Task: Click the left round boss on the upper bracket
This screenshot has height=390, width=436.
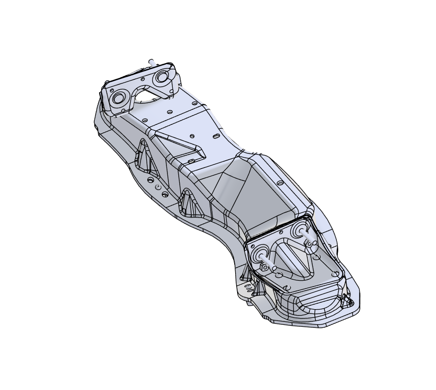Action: click(119, 97)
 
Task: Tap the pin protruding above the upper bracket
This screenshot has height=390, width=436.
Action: click(152, 61)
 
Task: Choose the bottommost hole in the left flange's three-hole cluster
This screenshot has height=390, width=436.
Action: click(165, 195)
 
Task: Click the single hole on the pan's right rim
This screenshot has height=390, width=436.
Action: click(280, 183)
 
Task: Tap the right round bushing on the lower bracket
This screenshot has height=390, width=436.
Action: click(298, 229)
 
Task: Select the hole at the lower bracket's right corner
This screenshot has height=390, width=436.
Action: click(335, 274)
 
